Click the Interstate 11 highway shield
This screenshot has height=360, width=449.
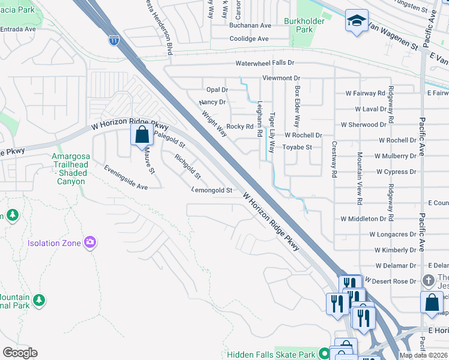point(113,41)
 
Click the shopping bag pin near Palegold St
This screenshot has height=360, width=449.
point(142,135)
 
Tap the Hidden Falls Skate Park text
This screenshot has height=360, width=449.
point(271,355)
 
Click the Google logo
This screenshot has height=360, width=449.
point(19,353)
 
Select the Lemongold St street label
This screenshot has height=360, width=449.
point(211,190)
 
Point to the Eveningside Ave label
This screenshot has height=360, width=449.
point(125,178)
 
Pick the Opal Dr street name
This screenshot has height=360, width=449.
point(217,89)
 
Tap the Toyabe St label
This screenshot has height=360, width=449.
point(297,147)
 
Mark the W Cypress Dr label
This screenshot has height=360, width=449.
point(396,172)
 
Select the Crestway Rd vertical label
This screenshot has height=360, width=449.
point(335,160)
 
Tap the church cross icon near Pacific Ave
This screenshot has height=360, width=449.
point(429,280)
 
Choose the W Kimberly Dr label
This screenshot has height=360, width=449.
point(395,250)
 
